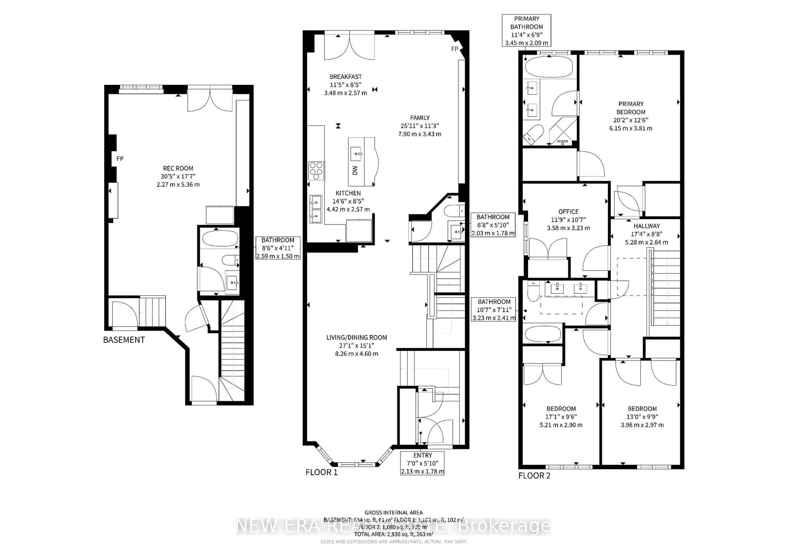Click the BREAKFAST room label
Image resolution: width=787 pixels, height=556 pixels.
point(346,77)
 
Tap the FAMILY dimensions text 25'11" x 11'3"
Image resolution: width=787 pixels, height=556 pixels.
point(420,126)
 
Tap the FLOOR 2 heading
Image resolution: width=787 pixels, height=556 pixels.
point(534,476)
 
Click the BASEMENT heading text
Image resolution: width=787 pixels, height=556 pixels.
point(124,340)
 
